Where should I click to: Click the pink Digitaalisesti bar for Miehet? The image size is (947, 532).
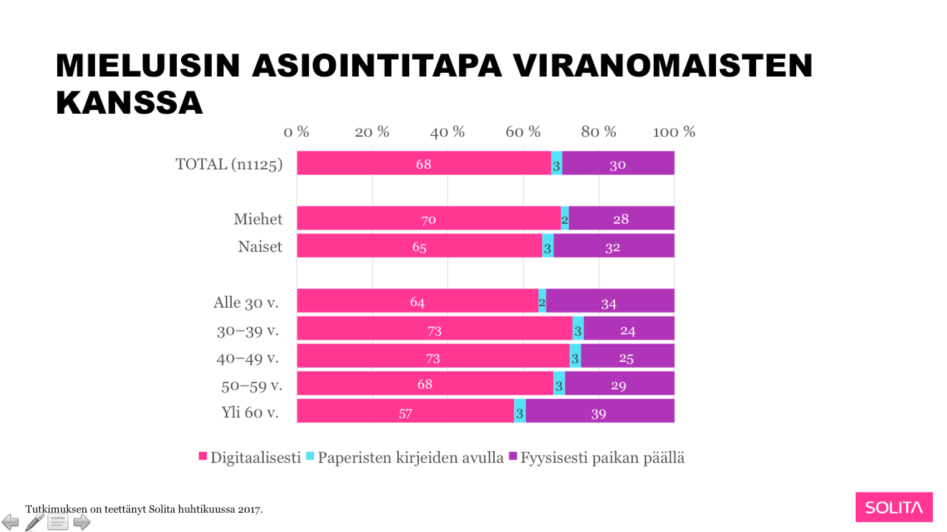click(x=429, y=218)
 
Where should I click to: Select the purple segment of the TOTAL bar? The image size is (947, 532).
click(x=618, y=163)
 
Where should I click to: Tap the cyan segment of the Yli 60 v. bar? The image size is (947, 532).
click(x=520, y=411)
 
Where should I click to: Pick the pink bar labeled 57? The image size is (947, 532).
click(x=405, y=411)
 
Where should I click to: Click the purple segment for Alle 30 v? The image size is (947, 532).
click(x=610, y=301)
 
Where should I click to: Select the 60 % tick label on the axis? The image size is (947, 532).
click(x=523, y=132)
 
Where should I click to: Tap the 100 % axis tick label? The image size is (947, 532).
click(x=674, y=132)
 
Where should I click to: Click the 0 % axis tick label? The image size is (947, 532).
click(x=296, y=132)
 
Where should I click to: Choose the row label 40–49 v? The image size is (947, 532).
click(x=248, y=358)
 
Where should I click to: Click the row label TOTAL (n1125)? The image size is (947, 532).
click(x=229, y=164)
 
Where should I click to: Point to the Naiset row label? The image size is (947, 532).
click(x=260, y=247)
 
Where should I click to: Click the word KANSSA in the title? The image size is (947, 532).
click(x=130, y=103)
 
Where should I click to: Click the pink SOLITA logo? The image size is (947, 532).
click(x=894, y=507)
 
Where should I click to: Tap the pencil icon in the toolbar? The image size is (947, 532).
click(x=35, y=522)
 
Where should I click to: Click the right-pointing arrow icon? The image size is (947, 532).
click(x=82, y=522)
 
